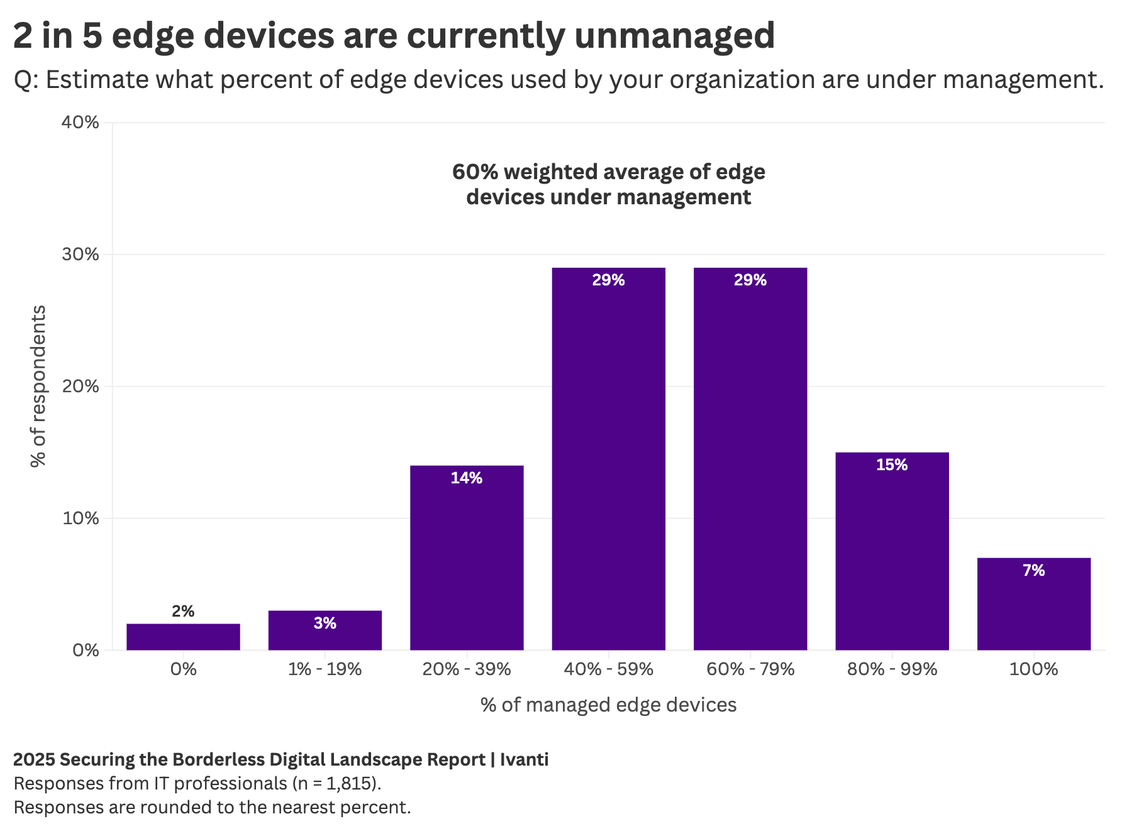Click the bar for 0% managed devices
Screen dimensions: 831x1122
click(183, 637)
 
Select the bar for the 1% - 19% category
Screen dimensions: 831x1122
click(325, 630)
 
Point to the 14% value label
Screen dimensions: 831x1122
click(467, 478)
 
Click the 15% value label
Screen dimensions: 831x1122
click(892, 465)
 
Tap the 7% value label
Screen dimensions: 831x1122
click(1033, 571)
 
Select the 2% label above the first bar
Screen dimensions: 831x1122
click(183, 611)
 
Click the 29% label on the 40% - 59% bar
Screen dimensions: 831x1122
click(608, 280)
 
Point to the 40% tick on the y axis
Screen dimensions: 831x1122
click(81, 122)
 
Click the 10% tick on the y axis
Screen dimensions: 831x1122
click(81, 519)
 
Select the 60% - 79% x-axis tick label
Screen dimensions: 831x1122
click(750, 669)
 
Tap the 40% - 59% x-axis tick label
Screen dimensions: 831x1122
click(608, 669)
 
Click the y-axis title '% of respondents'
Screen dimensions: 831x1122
click(39, 386)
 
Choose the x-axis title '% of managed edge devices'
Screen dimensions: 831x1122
click(608, 705)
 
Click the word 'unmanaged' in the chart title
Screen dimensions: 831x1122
click(674, 35)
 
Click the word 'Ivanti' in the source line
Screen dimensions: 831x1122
click(524, 759)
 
